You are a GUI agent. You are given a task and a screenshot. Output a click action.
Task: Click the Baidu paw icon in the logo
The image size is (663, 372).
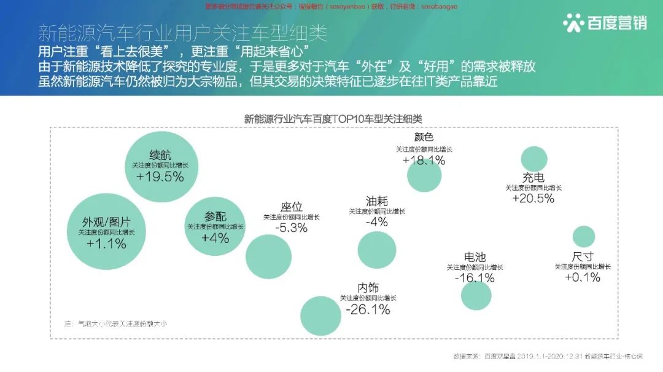[573, 23]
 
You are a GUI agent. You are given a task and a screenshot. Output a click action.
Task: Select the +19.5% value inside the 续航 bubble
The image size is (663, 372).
[160, 177]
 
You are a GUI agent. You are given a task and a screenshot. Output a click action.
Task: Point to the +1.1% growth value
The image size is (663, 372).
[106, 244]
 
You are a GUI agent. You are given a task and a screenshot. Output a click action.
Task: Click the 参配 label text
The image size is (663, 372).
[215, 216]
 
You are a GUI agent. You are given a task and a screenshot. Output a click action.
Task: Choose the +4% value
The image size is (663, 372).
[215, 238]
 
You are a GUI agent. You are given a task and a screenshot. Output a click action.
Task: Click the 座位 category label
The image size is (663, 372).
[292, 207]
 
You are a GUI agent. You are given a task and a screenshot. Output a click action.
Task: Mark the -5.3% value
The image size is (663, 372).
[292, 228]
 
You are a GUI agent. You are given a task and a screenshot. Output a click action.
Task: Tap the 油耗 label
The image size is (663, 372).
[377, 201]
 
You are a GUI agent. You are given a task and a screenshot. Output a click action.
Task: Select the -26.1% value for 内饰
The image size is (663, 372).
[368, 310]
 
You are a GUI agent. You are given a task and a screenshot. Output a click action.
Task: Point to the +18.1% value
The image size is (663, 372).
[424, 160]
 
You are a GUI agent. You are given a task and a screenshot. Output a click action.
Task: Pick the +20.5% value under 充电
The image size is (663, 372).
[533, 198]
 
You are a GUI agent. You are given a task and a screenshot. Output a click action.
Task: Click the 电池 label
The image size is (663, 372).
[475, 257]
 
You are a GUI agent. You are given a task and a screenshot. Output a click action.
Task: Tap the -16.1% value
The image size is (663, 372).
[475, 278]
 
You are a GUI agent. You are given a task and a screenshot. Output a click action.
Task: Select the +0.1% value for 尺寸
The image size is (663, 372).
[583, 277]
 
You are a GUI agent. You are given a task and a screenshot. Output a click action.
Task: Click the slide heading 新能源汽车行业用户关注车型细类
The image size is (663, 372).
[182, 32]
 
